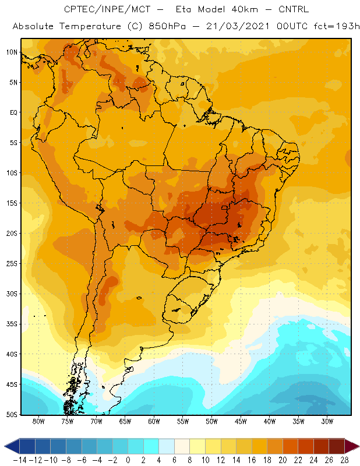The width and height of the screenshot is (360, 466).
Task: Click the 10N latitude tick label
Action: click(12, 52)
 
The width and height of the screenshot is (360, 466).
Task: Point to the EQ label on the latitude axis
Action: click(13, 112)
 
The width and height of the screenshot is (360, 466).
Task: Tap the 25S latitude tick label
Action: click(12, 264)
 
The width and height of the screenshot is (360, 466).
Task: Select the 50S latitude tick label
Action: click(12, 415)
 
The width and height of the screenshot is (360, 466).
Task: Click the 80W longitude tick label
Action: click(38, 421)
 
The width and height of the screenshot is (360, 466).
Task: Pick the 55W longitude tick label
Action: click(183, 421)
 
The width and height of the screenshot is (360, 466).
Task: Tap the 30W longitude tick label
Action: click(327, 421)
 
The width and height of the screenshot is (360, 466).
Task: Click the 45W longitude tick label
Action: click(241, 421)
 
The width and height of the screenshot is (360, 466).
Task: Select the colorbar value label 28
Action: click(344, 460)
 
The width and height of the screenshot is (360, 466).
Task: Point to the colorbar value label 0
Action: click(128, 460)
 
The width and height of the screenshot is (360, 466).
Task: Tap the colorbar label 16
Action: click(252, 460)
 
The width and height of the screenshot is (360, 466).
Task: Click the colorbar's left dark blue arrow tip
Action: click(5, 446)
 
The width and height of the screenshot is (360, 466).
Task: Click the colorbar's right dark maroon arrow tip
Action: click(359, 446)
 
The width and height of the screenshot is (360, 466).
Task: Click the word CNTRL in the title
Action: click(294, 9)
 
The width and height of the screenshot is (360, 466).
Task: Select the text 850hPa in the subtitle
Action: click(167, 26)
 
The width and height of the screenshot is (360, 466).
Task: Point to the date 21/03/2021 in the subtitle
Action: click(238, 26)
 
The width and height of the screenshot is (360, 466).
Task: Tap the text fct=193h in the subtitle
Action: click(337, 26)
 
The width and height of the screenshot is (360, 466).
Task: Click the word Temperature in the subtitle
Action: click(90, 27)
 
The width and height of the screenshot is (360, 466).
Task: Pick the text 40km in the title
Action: click(245, 9)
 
